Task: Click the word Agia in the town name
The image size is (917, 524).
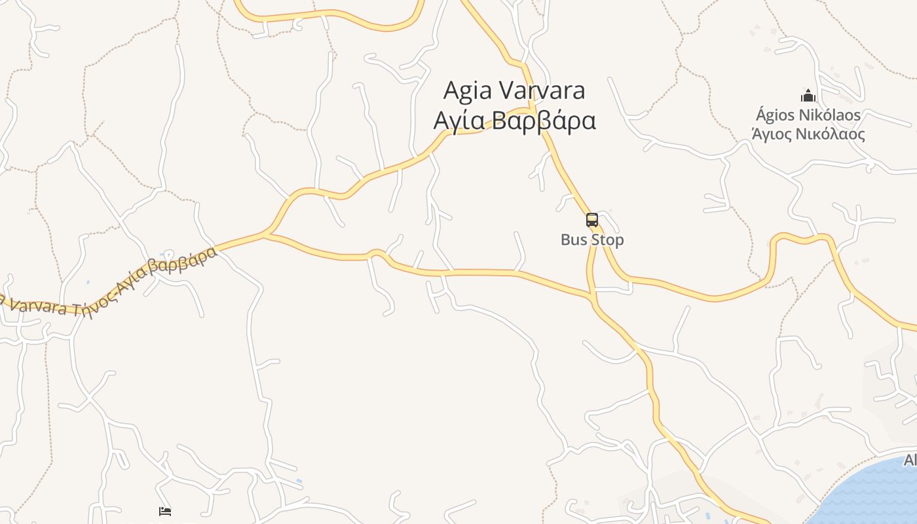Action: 468,90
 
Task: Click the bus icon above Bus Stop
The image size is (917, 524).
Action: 592,220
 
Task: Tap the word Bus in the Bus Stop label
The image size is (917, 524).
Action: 572,240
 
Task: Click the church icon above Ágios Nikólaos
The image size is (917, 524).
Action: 808,96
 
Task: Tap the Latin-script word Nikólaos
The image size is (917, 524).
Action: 831,115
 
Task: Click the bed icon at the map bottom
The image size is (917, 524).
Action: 165,511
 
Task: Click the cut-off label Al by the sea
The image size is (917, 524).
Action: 910,460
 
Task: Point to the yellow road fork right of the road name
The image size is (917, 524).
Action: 266,234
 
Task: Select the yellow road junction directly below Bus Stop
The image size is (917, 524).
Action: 593,299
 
